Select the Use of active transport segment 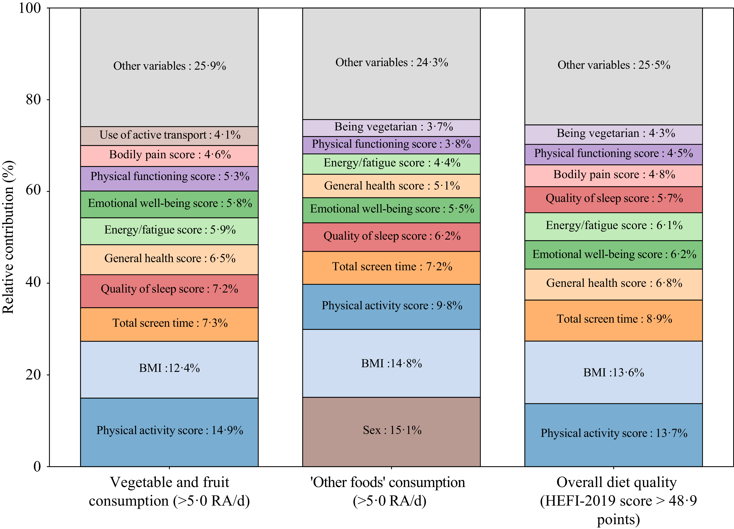click(169, 136)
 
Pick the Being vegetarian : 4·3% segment click(613, 134)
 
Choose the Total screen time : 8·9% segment click(613, 321)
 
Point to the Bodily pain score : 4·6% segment click(169, 156)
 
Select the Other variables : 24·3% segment click(391, 64)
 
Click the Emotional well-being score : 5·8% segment click(169, 204)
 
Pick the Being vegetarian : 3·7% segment click(391, 128)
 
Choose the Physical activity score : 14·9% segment click(169, 432)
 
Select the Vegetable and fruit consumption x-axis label click(169, 491)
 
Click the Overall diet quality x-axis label click(618, 501)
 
